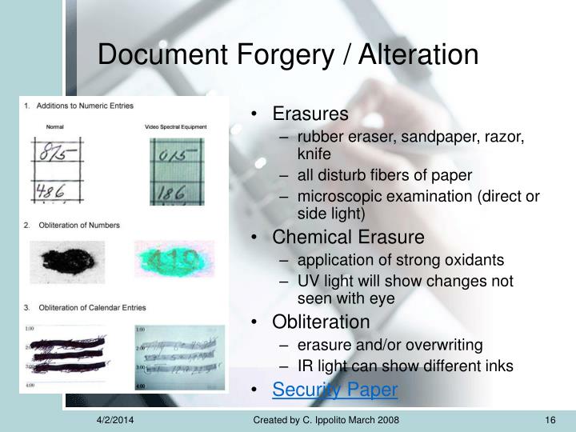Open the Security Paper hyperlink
[x=334, y=390]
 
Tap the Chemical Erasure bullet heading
[x=348, y=238]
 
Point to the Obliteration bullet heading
[x=321, y=322]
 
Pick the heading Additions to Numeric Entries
[x=85, y=106]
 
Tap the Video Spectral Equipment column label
[x=176, y=126]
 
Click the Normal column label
[x=55, y=126]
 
